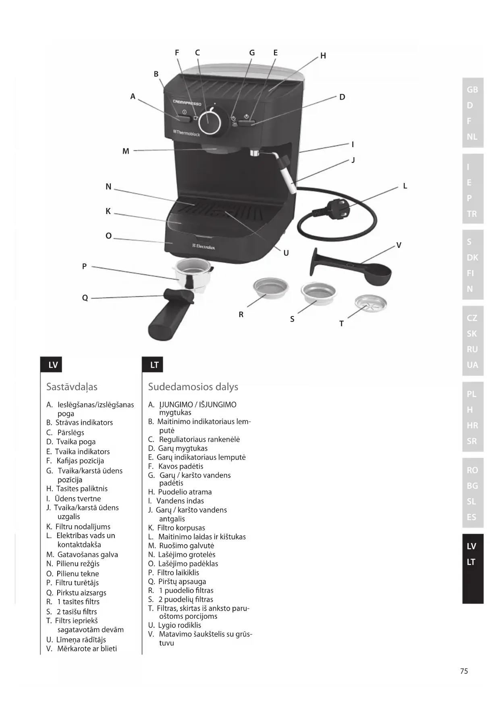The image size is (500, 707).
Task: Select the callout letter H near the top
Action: (323, 56)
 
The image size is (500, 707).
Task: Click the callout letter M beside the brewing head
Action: (126, 151)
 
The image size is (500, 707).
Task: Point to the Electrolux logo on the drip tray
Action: (204, 246)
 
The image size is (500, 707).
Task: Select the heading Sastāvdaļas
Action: (72, 387)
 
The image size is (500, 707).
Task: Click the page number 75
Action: (464, 671)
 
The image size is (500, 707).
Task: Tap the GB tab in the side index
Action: (473, 89)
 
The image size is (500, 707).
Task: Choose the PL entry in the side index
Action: (472, 394)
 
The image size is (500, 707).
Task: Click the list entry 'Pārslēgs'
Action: (65, 433)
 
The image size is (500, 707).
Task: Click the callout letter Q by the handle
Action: (85, 298)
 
